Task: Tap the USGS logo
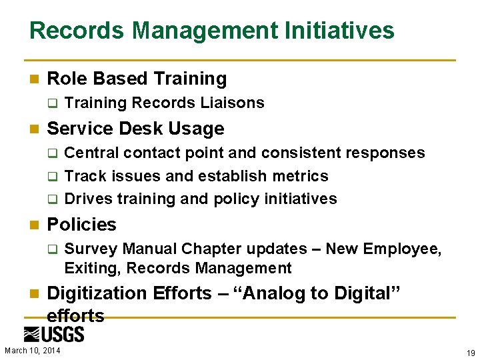(54, 335)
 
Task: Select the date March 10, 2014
(31, 351)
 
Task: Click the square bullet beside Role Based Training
(35, 79)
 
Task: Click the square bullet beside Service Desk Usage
(35, 129)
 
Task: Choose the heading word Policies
(81, 225)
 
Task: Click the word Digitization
(97, 293)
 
